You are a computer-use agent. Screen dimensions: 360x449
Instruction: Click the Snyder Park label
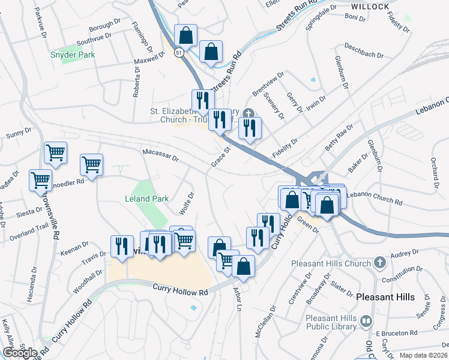(x=73, y=55)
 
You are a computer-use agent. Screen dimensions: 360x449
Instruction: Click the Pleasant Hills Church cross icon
(x=379, y=263)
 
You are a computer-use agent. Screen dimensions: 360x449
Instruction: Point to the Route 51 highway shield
(x=179, y=53)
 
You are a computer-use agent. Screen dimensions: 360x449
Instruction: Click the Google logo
(x=20, y=353)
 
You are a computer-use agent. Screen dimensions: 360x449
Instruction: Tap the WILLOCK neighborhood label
(x=370, y=6)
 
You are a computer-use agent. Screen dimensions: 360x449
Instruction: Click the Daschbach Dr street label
(x=364, y=50)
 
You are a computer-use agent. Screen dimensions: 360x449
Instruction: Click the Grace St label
(x=220, y=157)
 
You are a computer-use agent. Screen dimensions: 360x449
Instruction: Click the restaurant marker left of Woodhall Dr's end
(x=121, y=247)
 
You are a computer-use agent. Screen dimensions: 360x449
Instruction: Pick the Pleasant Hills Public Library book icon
(x=364, y=322)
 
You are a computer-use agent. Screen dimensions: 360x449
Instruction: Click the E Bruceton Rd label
(x=397, y=333)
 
